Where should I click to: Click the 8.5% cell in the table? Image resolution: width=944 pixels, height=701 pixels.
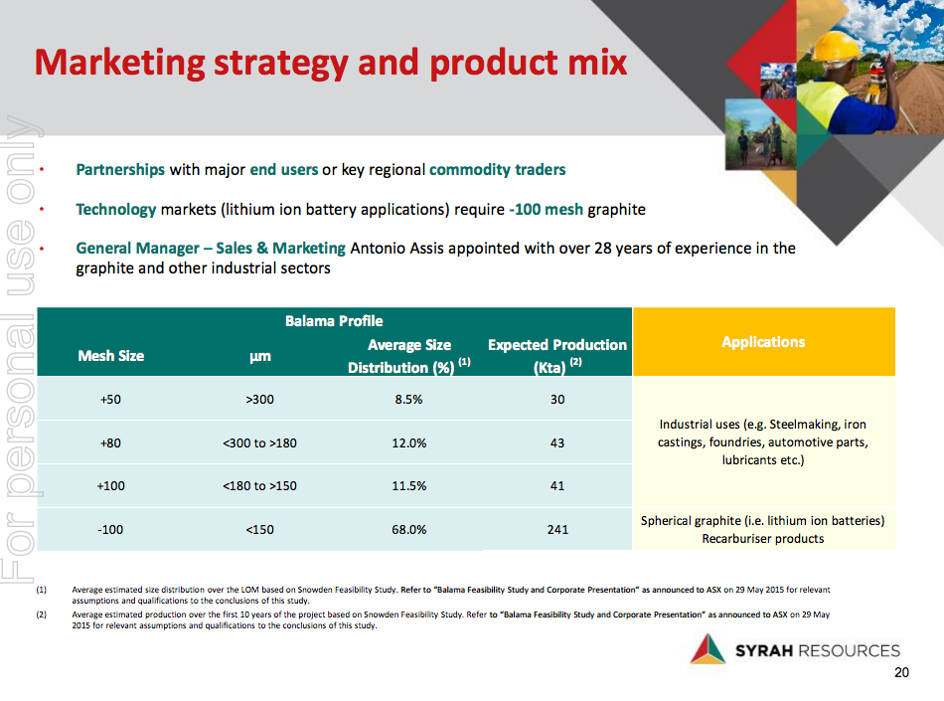[408, 400]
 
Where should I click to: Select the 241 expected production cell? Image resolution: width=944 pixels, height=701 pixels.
[557, 529]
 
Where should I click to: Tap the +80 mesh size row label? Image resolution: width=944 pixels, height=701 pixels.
[110, 442]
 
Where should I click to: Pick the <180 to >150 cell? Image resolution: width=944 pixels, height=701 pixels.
[259, 486]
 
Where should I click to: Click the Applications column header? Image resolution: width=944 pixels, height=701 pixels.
[763, 342]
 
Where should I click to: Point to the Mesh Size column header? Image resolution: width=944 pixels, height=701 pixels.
[110, 356]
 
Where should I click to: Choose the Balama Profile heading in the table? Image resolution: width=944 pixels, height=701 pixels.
[334, 321]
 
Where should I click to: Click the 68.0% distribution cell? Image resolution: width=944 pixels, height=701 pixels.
[408, 529]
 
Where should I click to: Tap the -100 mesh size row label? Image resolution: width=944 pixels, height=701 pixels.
[110, 529]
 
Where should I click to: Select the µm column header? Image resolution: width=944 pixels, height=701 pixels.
[260, 357]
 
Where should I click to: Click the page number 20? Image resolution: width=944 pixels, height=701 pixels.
[901, 673]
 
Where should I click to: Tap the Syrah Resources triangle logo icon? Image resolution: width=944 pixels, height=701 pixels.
[708, 649]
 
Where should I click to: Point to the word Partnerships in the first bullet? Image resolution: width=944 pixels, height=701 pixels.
[120, 170]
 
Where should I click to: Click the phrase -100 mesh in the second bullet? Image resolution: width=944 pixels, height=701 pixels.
[547, 210]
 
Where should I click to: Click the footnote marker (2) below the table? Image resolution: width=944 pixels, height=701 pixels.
[41, 614]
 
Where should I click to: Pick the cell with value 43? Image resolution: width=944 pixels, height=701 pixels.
[557, 442]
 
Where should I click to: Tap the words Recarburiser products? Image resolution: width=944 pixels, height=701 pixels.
[763, 539]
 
